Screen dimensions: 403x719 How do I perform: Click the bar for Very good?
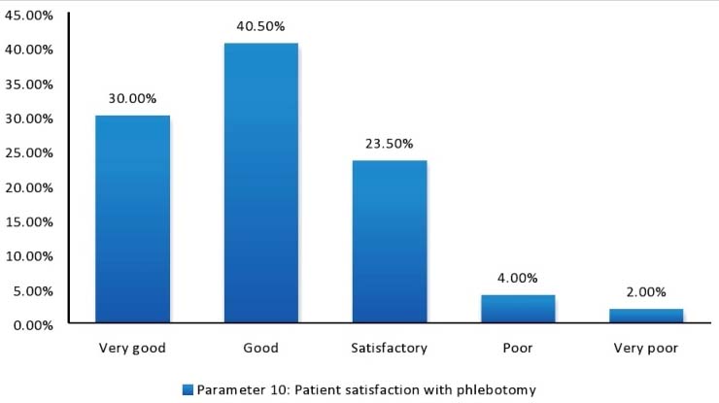[133, 218]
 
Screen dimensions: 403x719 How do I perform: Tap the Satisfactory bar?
[390, 241]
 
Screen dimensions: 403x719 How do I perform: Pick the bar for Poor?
[518, 308]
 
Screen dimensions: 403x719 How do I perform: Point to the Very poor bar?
[646, 316]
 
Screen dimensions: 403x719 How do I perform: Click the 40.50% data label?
[260, 29]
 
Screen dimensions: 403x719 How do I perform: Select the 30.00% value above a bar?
[133, 98]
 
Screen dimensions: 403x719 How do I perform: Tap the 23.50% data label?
[390, 143]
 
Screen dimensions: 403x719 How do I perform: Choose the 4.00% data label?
[518, 278]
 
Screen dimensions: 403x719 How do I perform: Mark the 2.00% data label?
[646, 291]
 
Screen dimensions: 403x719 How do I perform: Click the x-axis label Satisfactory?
[390, 348]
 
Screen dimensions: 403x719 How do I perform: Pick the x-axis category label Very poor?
[646, 348]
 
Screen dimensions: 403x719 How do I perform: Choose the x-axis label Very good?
[133, 348]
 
